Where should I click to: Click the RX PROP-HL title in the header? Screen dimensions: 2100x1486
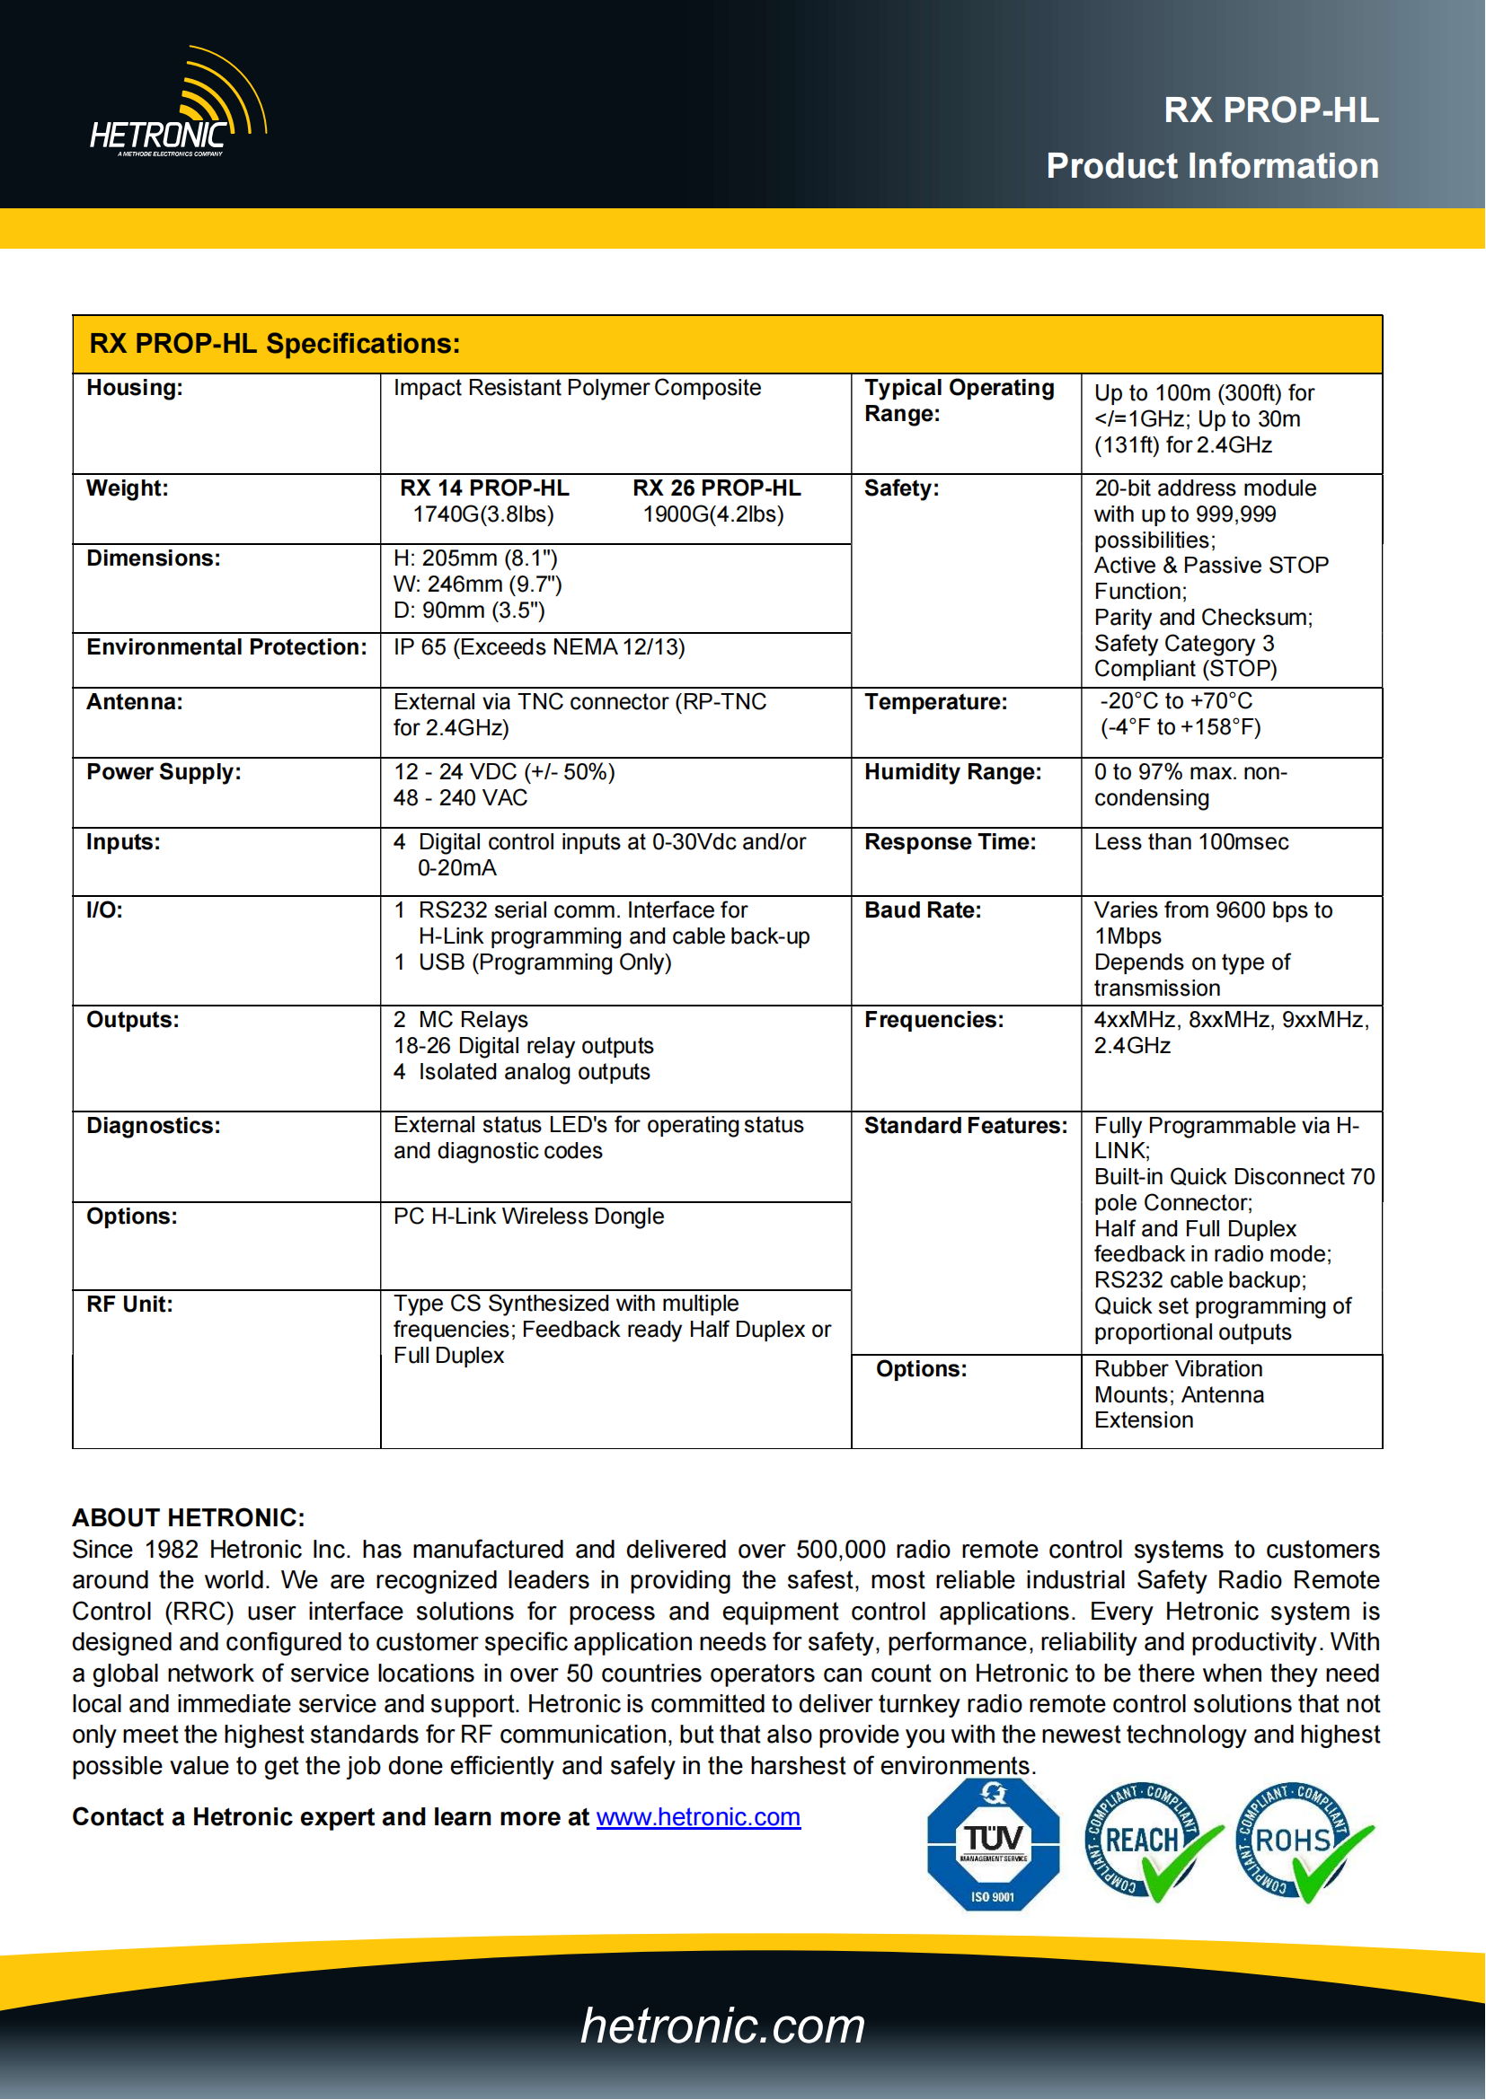(1270, 110)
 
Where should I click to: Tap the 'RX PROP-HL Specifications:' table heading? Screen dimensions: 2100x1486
(275, 344)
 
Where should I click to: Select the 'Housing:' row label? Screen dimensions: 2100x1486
(135, 388)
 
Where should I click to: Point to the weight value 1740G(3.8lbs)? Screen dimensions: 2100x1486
(483, 515)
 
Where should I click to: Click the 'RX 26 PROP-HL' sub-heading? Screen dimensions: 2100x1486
(716, 488)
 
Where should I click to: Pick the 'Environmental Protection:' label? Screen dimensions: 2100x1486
(226, 647)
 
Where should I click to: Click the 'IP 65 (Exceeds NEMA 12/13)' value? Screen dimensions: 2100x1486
(539, 647)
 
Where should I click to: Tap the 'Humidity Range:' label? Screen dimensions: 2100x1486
(952, 772)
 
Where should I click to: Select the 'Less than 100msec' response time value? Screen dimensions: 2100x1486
(1191, 842)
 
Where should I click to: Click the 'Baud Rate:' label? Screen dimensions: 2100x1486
(923, 910)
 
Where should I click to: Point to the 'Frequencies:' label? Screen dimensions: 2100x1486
(933, 1020)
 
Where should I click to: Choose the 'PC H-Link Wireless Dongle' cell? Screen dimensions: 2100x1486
(529, 1217)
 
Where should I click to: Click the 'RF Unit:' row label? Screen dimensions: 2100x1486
(129, 1305)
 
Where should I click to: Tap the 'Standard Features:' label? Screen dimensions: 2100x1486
(965, 1126)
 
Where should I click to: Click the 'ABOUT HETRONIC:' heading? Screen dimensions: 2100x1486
(189, 1518)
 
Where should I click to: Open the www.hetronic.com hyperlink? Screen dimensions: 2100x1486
(698, 1817)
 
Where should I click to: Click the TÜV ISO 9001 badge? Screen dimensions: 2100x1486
(993, 1845)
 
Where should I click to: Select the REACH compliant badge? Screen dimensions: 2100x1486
(1148, 1843)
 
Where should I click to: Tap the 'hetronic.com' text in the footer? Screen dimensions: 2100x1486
(723, 2025)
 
